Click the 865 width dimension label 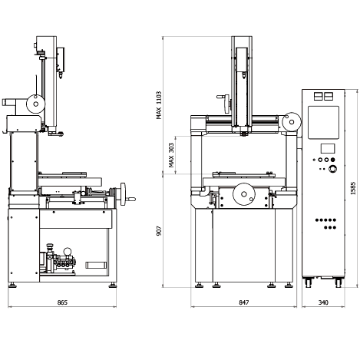(62, 302)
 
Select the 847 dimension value (243, 302)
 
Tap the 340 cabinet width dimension (323, 302)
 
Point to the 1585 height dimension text (353, 188)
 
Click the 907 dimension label (159, 231)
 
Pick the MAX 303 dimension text (171, 155)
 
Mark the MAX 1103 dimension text (159, 105)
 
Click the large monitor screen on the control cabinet (323, 123)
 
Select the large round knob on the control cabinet (332, 169)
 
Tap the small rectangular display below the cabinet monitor (328, 148)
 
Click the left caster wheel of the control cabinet (308, 282)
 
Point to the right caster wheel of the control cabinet (339, 282)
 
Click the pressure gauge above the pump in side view (67, 252)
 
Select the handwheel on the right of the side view (124, 194)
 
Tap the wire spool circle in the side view (36, 104)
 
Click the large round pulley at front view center (244, 194)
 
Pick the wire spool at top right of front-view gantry (292, 122)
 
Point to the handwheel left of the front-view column (226, 104)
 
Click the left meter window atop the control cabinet (318, 97)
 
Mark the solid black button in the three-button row (332, 160)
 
